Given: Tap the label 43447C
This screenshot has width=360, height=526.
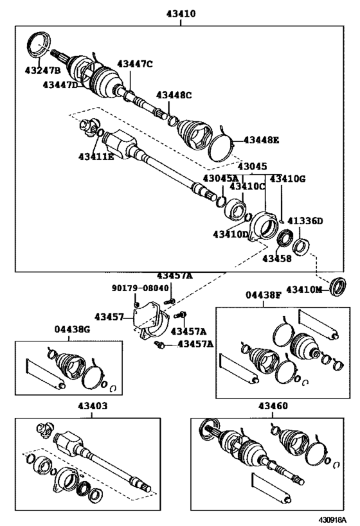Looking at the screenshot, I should [x=135, y=64].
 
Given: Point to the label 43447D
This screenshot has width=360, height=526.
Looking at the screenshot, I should [x=61, y=85].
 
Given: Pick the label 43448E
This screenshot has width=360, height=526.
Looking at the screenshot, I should [x=261, y=140].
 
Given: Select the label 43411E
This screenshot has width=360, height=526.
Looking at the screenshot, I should [x=96, y=156].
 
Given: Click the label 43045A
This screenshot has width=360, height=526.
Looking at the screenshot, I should [x=221, y=178].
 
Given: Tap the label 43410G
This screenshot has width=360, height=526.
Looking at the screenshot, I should [x=287, y=179].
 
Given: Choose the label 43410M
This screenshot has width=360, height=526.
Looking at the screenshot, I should [x=305, y=289].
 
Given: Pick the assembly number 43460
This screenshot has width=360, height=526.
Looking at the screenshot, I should [x=273, y=407].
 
